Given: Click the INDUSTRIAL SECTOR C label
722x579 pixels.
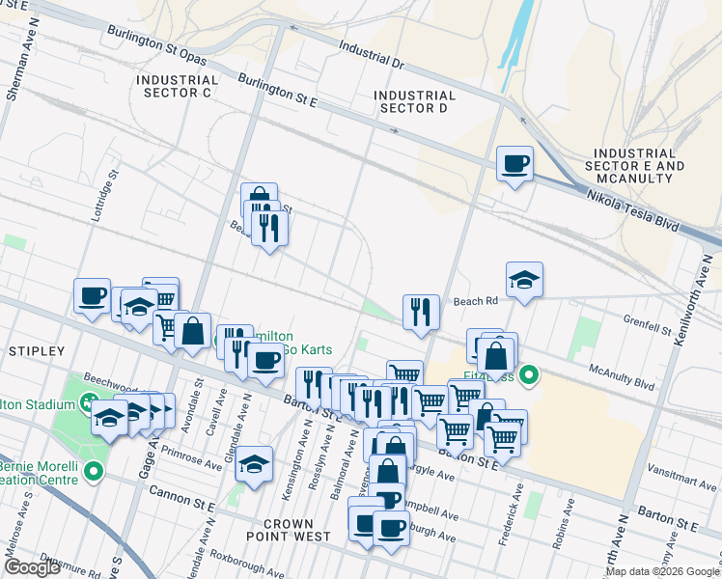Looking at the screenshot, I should [x=177, y=86].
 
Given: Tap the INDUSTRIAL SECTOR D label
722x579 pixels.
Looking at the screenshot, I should [x=414, y=101].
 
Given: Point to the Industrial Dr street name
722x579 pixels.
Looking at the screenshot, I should [x=371, y=53].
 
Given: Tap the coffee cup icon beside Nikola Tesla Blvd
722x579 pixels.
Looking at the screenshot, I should [x=514, y=163].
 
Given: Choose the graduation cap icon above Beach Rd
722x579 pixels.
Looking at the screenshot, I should [x=524, y=280].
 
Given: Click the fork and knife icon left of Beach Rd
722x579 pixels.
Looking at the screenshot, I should [x=421, y=312].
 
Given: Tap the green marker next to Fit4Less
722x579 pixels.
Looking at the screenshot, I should [x=529, y=375].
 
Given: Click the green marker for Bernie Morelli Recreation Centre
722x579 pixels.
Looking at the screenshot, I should [x=94, y=472].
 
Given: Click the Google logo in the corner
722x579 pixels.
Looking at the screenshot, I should [x=31, y=567].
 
